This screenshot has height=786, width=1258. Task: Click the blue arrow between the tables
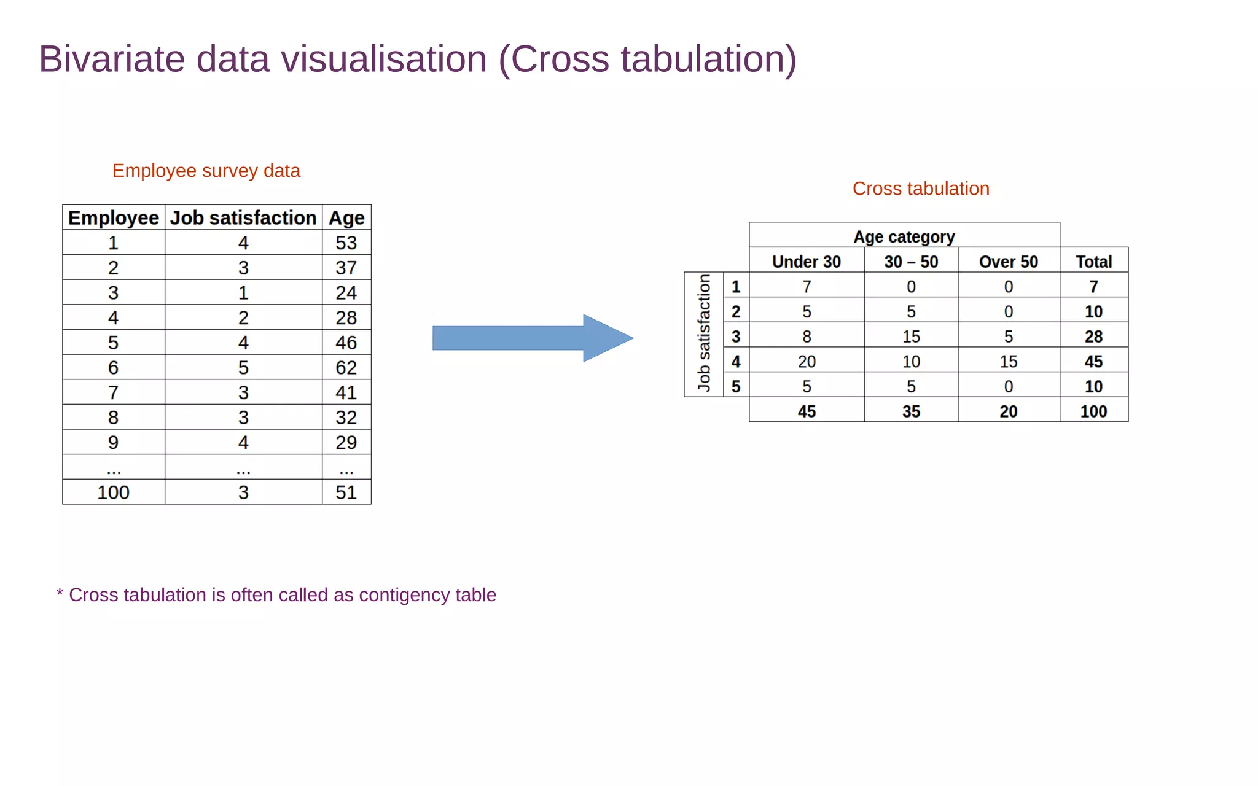pyautogui.click(x=532, y=338)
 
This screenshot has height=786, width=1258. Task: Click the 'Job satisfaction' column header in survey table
pyautogui.click(x=243, y=218)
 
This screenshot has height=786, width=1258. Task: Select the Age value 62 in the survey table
pyautogui.click(x=346, y=368)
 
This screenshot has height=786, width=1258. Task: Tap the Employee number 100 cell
pyautogui.click(x=114, y=492)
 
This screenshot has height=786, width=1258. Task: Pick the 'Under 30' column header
pyautogui.click(x=806, y=262)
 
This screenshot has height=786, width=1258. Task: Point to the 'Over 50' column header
pyautogui.click(x=1008, y=262)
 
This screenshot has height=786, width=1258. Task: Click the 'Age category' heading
pyautogui.click(x=904, y=237)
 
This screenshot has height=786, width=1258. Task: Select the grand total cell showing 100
pyautogui.click(x=1093, y=411)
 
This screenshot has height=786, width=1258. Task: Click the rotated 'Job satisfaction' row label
pyautogui.click(x=704, y=333)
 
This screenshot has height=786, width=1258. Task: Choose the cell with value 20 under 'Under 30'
pyautogui.click(x=807, y=362)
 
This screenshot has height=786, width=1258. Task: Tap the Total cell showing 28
pyautogui.click(x=1093, y=337)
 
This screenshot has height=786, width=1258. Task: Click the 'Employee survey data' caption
pyautogui.click(x=206, y=171)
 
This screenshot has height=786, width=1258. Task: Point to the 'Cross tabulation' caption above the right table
pyautogui.click(x=920, y=189)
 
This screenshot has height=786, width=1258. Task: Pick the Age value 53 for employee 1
pyautogui.click(x=346, y=243)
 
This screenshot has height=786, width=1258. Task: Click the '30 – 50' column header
pyautogui.click(x=911, y=262)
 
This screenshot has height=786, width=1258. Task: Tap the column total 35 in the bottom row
pyautogui.click(x=911, y=411)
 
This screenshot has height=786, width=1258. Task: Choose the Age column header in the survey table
pyautogui.click(x=346, y=218)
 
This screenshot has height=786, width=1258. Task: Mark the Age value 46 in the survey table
pyautogui.click(x=346, y=343)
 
